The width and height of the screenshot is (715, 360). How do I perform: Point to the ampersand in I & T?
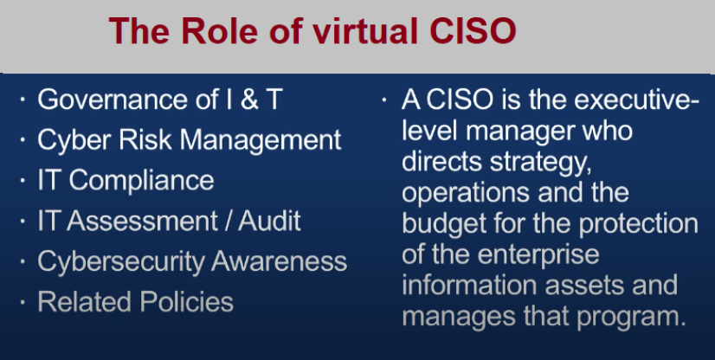(x=249, y=100)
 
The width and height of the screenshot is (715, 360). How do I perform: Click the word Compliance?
(x=141, y=181)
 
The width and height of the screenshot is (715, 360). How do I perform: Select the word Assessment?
(x=142, y=221)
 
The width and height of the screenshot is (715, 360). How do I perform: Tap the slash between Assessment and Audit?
(x=229, y=221)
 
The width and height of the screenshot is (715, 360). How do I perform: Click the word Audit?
(x=269, y=221)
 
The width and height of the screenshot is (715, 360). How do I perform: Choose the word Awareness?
(x=279, y=261)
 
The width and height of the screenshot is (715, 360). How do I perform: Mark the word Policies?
(x=186, y=301)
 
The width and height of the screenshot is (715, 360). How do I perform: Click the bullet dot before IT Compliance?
(x=23, y=181)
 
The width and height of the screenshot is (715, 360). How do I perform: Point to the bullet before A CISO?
(x=384, y=100)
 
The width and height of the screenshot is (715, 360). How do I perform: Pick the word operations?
(x=466, y=194)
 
